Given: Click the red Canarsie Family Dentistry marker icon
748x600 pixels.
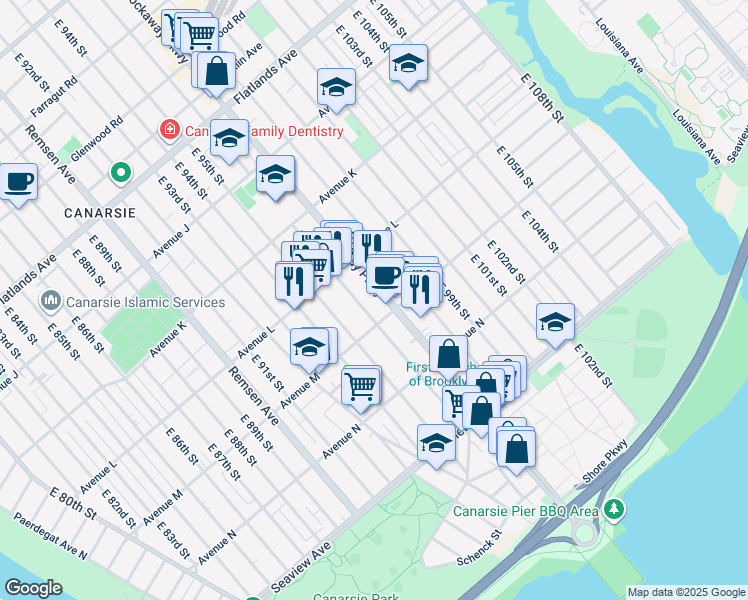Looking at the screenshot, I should pyautogui.click(x=170, y=131).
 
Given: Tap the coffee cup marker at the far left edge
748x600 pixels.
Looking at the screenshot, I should pyautogui.click(x=18, y=182).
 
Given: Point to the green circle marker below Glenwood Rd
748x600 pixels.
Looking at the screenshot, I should pyautogui.click(x=120, y=174).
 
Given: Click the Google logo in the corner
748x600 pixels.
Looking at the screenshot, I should pyautogui.click(x=34, y=588).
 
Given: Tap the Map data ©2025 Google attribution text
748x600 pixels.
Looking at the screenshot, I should pyautogui.click(x=686, y=592).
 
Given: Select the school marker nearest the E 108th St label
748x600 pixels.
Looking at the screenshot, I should pyautogui.click(x=407, y=64).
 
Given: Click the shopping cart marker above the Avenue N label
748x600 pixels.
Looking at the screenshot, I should pyautogui.click(x=361, y=384).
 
